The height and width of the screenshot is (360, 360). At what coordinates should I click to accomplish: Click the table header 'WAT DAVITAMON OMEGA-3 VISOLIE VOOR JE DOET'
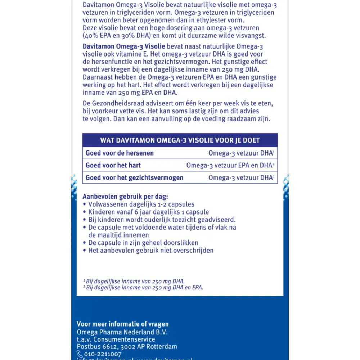pos(180,140)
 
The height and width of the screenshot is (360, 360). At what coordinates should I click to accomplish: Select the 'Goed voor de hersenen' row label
pos(120,153)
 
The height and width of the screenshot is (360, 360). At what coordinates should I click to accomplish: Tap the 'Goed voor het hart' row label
pos(113,166)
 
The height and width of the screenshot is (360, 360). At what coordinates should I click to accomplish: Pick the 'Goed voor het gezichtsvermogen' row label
pos(134,177)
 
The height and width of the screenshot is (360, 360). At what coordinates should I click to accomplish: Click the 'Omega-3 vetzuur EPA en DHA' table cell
pos(230,166)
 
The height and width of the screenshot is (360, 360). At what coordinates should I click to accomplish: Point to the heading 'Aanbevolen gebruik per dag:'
pos(125,197)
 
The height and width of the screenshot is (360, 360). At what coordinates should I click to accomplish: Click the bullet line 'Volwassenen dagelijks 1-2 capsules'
pos(141,204)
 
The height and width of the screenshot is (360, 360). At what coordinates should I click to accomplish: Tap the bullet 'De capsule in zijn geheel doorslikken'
pos(143,243)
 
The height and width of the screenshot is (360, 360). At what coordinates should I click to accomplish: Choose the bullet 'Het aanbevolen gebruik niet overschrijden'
pos(151,250)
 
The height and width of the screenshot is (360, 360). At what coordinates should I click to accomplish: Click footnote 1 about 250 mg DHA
pos(134,281)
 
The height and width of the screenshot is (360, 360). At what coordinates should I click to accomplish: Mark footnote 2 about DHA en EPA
pos(143,287)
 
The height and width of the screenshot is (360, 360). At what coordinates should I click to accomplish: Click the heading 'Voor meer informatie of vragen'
pos(123,324)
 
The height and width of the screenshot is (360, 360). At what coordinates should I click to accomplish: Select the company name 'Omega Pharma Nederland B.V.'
pos(122,332)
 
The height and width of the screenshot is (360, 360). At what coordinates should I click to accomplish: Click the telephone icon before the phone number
pos(80,355)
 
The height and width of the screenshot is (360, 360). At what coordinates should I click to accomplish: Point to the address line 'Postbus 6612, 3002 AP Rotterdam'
pos(127,347)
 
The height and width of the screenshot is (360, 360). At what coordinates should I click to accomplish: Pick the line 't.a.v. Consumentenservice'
pos(116,339)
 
